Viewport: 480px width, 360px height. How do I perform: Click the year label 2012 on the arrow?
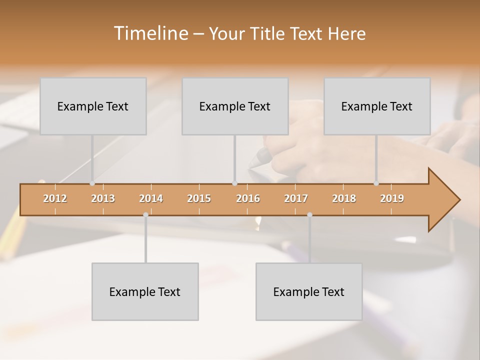pos(55,198)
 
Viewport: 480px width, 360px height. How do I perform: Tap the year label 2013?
pos(103,198)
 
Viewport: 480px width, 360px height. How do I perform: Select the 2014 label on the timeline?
pos(151,198)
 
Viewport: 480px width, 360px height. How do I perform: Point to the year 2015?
pos(199,198)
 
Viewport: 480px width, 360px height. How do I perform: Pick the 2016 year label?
pos(248,198)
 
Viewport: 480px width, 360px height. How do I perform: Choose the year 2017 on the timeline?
pos(296,198)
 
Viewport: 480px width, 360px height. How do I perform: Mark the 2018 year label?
pos(344,198)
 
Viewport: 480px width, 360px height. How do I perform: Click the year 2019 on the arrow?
pos(392,198)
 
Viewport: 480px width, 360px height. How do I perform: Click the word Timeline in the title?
pos(150,33)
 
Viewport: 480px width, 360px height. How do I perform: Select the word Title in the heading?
pos(269,33)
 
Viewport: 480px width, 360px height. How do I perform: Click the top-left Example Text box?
pos(93,106)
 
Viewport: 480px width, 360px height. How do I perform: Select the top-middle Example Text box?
pos(235,106)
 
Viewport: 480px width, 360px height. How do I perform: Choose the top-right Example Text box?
pos(377,106)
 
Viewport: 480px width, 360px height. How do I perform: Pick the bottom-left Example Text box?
pos(145,291)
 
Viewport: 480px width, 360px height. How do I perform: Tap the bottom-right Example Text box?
pos(309,291)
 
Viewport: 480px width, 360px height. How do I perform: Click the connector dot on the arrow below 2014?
pos(145,214)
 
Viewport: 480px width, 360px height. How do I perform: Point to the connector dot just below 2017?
pos(309,214)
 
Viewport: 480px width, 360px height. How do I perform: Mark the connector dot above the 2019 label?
pos(376,183)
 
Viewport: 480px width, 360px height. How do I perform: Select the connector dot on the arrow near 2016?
pos(234,183)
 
